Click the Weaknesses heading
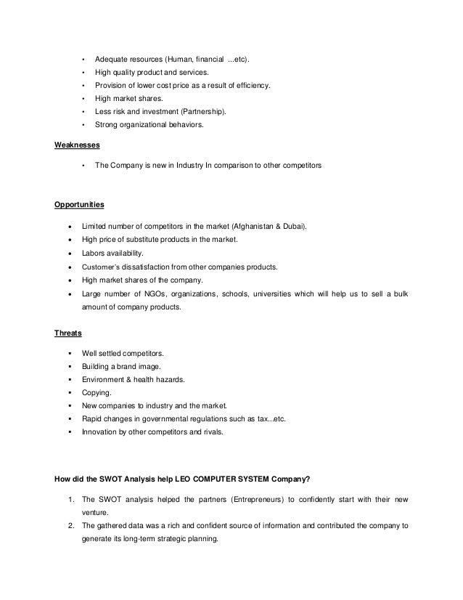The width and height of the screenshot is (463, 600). (x=78, y=144)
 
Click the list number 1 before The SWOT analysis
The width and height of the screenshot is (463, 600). (x=67, y=499)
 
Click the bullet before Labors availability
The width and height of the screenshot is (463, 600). (x=70, y=254)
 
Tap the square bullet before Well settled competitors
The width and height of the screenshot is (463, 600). (x=70, y=353)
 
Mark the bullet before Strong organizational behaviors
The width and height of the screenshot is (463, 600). (x=84, y=125)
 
